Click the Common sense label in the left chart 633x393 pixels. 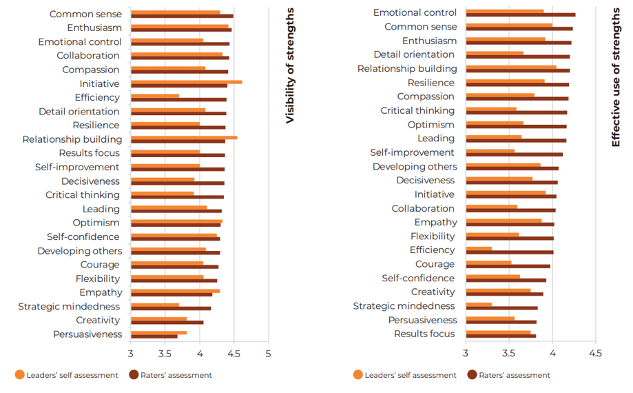click(x=86, y=14)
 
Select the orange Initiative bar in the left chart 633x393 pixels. click(x=186, y=81)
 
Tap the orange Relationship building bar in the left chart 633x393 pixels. click(x=184, y=137)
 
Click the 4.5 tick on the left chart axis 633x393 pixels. click(x=234, y=354)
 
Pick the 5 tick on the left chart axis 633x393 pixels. click(x=268, y=354)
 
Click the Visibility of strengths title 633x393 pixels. click(x=290, y=65)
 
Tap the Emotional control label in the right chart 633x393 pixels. click(x=415, y=12)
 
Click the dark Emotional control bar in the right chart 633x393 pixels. click(x=520, y=14)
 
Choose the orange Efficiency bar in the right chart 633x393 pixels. click(x=479, y=248)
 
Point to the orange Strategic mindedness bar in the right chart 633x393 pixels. click(x=479, y=303)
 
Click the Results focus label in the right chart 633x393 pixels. click(x=424, y=334)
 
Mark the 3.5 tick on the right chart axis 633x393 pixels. click(x=509, y=353)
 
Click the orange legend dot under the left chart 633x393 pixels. click(x=20, y=375)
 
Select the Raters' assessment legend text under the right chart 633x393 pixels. click(x=515, y=375)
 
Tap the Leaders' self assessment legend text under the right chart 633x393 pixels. click(x=411, y=375)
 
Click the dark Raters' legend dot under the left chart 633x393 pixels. click(x=134, y=375)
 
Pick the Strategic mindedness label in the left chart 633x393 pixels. click(x=69, y=306)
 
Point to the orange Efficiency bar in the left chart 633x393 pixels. click(x=155, y=96)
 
